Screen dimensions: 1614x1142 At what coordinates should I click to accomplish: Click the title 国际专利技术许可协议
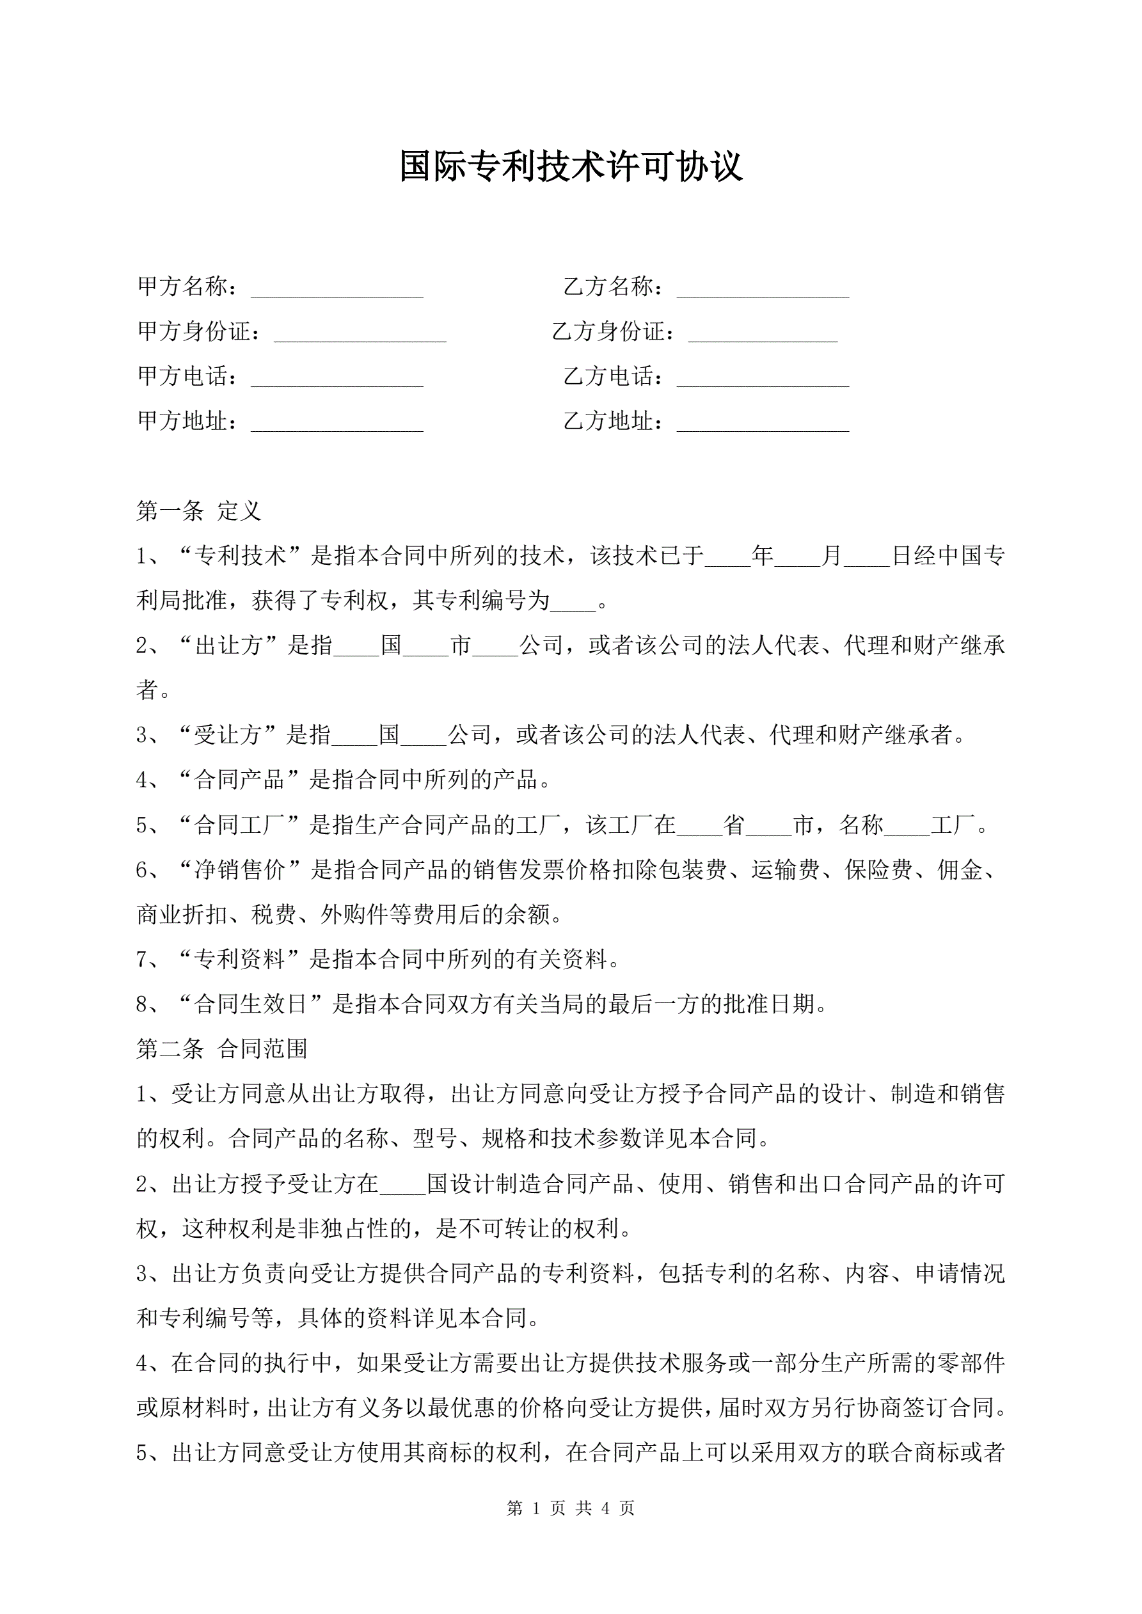click(x=570, y=166)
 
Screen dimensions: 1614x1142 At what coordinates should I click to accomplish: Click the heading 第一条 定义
click(x=198, y=511)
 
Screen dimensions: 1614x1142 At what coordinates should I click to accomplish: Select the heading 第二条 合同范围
click(x=221, y=1049)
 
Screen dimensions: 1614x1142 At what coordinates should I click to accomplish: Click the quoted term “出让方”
click(x=228, y=645)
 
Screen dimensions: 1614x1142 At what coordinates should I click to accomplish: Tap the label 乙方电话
click(x=609, y=377)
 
